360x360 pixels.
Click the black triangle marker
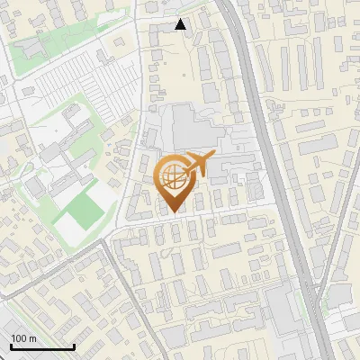point(181,25)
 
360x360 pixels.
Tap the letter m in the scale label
point(33,338)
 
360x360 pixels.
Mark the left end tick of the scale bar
point(10,346)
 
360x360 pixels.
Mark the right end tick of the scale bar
point(74,346)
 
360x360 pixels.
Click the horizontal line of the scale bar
point(41,347)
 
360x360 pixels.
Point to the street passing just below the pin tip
point(180,219)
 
